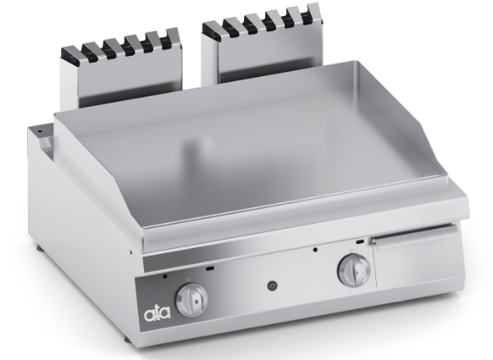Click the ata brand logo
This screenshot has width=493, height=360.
(158, 313)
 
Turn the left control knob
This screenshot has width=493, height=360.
(191, 300)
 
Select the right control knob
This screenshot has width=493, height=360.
(354, 270)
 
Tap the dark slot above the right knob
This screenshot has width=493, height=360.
(360, 242)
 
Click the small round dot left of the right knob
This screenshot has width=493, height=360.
(315, 250)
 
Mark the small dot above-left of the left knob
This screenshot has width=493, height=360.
(165, 276)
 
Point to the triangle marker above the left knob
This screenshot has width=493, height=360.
(188, 280)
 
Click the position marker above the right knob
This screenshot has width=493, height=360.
(352, 251)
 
